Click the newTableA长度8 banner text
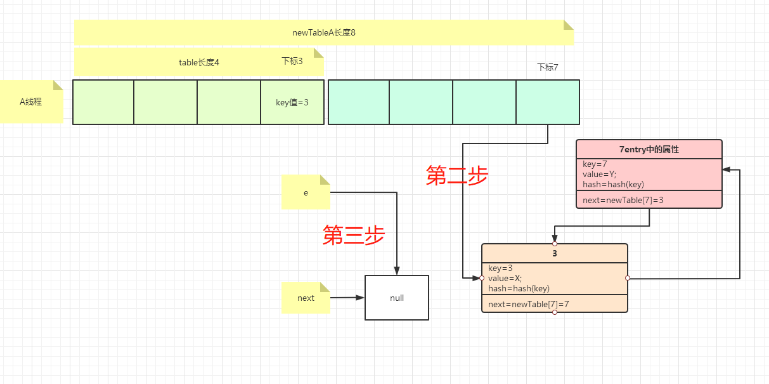[x=323, y=32]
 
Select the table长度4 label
[x=199, y=62]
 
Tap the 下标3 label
[x=292, y=61]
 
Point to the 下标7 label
[x=547, y=67]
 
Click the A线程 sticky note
[x=30, y=101]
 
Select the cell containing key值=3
[x=292, y=102]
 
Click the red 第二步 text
[x=457, y=175]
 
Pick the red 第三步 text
[x=354, y=235]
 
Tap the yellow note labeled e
[x=306, y=192]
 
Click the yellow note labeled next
[x=306, y=298]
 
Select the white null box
[x=397, y=298]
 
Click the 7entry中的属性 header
[x=649, y=150]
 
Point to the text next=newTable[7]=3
[x=623, y=200]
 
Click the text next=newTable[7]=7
[x=529, y=304]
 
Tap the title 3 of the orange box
[x=555, y=254]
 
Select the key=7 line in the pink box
[x=595, y=164]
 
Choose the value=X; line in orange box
[x=505, y=278]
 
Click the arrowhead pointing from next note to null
[x=361, y=297]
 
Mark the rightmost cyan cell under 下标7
[x=548, y=102]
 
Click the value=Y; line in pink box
[x=599, y=175]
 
